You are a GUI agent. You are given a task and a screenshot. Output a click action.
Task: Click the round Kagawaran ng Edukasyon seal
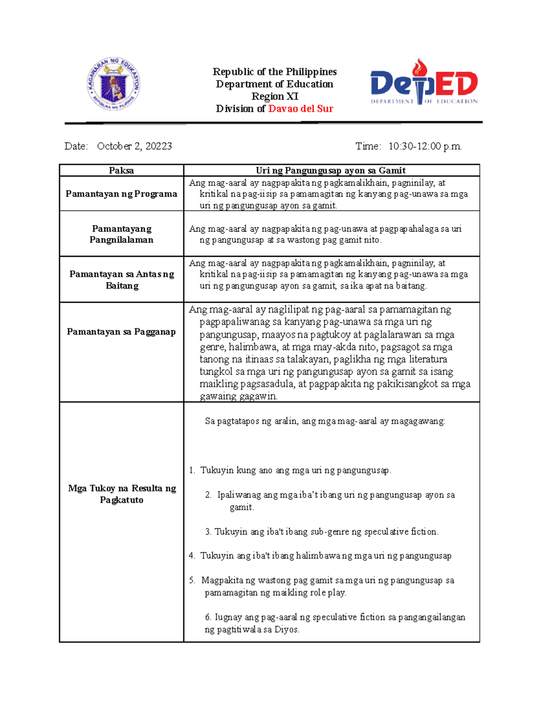pos(114,84)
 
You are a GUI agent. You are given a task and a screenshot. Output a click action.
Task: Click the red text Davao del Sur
pos(301,109)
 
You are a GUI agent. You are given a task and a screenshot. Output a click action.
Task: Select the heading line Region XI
pos(275,96)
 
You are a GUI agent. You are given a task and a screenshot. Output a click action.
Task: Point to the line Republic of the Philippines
pos(275,72)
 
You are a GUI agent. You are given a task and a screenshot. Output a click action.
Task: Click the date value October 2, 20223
pos(134,146)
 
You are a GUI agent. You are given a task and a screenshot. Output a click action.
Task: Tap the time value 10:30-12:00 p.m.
pos(425,146)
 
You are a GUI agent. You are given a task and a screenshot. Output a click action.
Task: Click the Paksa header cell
pos(121,171)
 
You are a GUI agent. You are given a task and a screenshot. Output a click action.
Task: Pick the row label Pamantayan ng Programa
pos(121,194)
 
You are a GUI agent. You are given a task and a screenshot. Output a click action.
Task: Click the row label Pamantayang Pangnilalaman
pos(121,234)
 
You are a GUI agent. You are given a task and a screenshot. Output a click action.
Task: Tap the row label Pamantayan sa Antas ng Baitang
pos(121,280)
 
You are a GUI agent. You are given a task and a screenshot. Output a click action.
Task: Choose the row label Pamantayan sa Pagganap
pos(121,331)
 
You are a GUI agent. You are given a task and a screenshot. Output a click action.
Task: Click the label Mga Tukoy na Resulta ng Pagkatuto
pos(121,494)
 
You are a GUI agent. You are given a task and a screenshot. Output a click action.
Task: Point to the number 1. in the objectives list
pos(192,470)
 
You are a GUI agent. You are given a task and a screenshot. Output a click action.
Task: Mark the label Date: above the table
pos(76,146)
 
